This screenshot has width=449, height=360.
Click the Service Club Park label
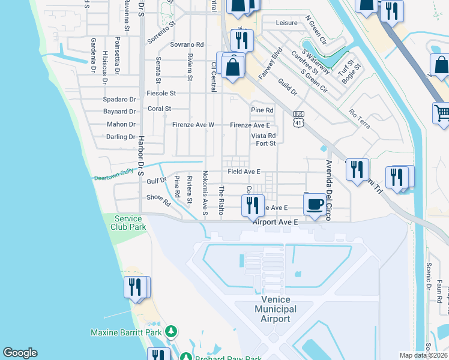127,223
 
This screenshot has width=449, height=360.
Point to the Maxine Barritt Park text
127,332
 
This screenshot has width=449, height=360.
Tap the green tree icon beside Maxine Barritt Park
172,331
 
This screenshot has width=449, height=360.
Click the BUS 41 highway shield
298,119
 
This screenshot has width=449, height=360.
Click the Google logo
20,353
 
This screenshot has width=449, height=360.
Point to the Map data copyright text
424,355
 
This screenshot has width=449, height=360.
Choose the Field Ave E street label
244,172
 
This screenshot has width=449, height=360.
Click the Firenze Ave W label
193,125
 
